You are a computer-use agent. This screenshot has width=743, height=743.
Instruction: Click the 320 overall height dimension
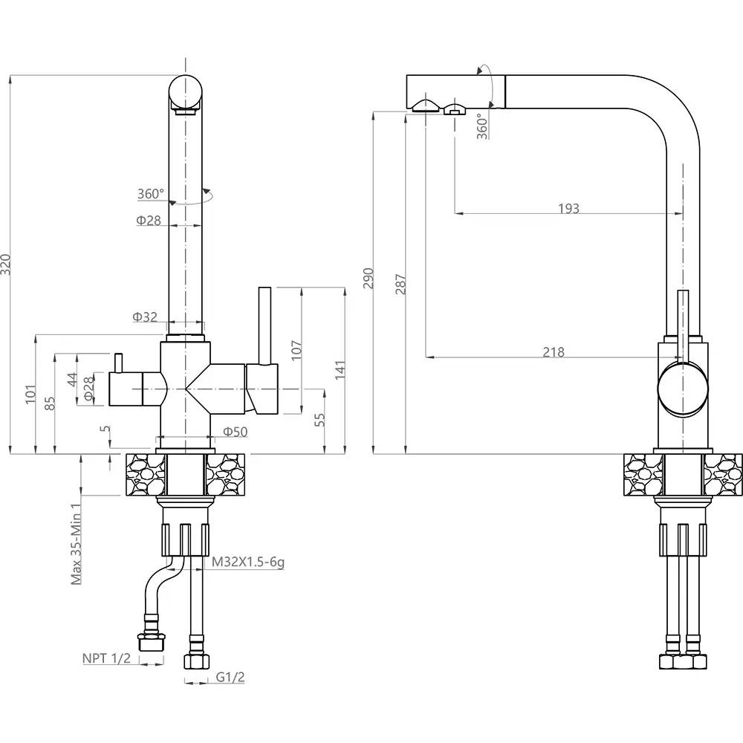(6, 264)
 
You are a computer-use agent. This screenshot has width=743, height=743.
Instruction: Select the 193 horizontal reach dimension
(568, 209)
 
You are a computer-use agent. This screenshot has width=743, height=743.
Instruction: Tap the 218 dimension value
(553, 352)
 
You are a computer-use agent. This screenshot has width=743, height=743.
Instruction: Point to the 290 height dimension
(369, 278)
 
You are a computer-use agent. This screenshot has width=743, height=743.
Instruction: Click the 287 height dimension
(401, 285)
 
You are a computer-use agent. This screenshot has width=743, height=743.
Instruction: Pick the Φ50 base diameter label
(235, 432)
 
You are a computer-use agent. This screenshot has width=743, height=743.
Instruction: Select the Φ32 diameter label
(145, 317)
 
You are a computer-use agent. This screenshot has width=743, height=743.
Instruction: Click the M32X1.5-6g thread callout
(248, 562)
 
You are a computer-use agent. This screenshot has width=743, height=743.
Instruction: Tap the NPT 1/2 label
(106, 658)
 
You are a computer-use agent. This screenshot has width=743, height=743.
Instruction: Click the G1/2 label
(230, 677)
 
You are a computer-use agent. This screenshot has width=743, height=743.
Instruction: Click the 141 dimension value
(340, 369)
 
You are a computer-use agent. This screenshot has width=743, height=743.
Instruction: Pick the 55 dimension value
(320, 420)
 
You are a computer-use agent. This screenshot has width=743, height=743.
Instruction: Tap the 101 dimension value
(31, 395)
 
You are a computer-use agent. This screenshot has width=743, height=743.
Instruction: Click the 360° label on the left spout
(150, 194)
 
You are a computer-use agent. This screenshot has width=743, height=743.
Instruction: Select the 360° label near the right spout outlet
(483, 126)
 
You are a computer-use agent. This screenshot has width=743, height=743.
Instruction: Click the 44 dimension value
(71, 380)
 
